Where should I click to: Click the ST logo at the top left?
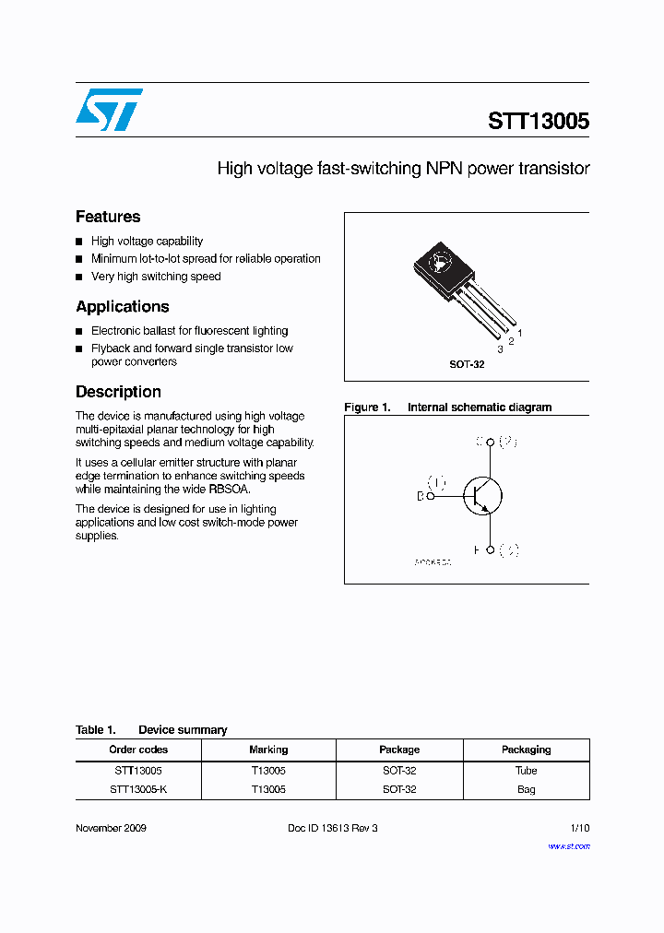pyautogui.click(x=109, y=109)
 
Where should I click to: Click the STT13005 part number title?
pyautogui.click(x=539, y=122)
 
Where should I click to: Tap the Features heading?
pyautogui.click(x=108, y=217)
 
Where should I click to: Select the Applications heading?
pyautogui.click(x=123, y=307)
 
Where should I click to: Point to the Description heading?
pyautogui.click(x=118, y=392)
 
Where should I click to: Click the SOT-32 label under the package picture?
pyautogui.click(x=467, y=364)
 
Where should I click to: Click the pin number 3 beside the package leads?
pyautogui.click(x=500, y=350)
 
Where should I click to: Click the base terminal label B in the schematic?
pyautogui.click(x=421, y=496)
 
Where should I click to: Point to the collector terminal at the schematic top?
pyautogui.click(x=491, y=443)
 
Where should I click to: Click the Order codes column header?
pyautogui.click(x=138, y=750)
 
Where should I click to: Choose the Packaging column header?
pyautogui.click(x=526, y=750)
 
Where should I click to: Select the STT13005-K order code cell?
pyautogui.click(x=138, y=789)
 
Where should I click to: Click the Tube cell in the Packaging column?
pyautogui.click(x=526, y=770)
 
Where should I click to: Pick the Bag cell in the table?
pyautogui.click(x=526, y=789)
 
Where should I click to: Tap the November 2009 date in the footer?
pyautogui.click(x=111, y=828)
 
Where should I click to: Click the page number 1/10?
pyautogui.click(x=579, y=828)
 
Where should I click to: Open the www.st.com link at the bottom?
pyautogui.click(x=569, y=846)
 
